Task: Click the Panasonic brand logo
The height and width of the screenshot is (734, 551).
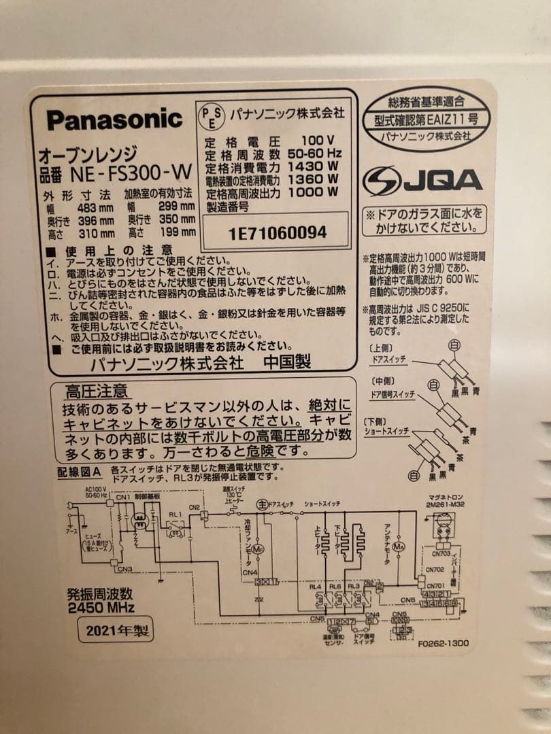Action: pos(114,120)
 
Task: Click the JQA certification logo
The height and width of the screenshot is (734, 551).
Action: pos(422,181)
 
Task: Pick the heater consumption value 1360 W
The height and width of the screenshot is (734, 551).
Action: pos(314,179)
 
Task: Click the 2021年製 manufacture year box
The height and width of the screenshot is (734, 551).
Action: pos(114,630)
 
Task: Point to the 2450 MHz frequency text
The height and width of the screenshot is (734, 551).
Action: pos(101,607)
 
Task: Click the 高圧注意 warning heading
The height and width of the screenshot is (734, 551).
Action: pos(96,391)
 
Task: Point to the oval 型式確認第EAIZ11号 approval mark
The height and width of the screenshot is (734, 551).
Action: pos(426,118)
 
